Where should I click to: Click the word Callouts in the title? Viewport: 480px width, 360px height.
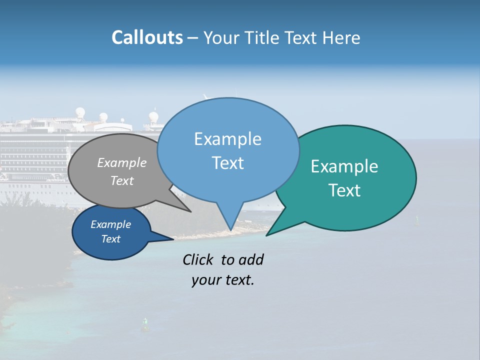147,37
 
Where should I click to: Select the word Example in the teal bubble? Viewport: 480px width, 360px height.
344,166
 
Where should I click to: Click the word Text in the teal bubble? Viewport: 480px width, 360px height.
344,190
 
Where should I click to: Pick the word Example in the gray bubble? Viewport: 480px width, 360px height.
122,163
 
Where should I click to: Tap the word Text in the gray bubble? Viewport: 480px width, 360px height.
122,180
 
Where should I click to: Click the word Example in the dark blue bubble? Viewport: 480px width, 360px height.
111,224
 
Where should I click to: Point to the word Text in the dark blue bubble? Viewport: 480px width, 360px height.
111,239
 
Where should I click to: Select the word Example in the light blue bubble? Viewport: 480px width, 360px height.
227,139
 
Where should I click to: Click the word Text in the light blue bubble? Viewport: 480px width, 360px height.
227,163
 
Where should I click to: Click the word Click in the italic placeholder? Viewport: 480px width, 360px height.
198,259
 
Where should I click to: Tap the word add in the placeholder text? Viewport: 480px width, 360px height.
251,259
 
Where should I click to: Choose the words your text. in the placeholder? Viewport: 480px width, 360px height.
223,280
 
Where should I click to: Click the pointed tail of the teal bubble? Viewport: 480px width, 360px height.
267,235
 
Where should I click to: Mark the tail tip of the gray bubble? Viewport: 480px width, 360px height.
190,211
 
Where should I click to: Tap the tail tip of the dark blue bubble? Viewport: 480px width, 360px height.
173,239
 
